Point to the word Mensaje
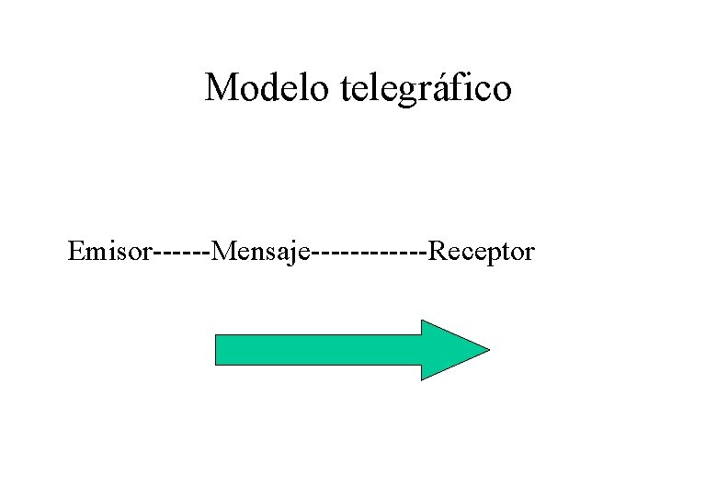(x=262, y=252)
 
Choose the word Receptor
(x=482, y=252)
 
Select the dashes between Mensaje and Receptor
(x=370, y=252)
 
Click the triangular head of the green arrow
(x=450, y=350)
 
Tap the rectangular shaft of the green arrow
(x=317, y=350)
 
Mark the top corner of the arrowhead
(x=422, y=321)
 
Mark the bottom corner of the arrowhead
(x=422, y=378)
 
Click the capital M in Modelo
(x=221, y=88)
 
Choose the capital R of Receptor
(x=438, y=251)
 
